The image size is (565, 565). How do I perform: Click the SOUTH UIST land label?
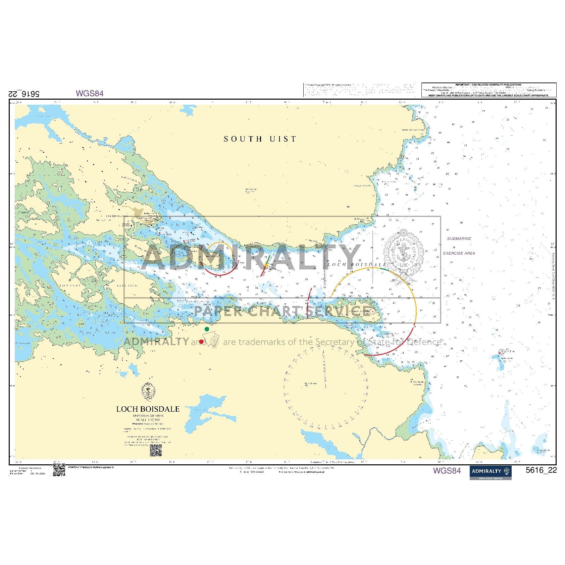coord(260,139)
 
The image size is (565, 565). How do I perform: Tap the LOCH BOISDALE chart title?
coord(148,409)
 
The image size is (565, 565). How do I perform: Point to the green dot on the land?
coord(207,329)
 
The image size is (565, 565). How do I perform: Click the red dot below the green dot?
coord(201,342)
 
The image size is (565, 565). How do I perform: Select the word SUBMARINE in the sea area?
coord(459,239)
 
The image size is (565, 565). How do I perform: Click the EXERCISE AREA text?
coord(459,253)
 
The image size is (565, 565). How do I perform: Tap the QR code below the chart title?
coord(156,451)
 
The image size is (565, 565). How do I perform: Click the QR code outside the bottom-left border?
coord(59,470)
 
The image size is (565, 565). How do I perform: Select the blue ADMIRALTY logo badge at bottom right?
coord(490,472)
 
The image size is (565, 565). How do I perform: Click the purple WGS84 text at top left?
coord(90,93)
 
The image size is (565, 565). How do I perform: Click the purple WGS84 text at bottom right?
coord(447,471)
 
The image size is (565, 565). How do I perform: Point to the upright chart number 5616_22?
coord(541,470)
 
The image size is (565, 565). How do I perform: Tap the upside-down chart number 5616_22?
coord(23,94)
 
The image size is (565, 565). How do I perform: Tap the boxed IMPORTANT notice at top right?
coord(489,90)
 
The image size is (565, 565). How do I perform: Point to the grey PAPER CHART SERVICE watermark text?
coord(282,311)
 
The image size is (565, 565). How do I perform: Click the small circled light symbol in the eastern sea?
coord(501,352)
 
